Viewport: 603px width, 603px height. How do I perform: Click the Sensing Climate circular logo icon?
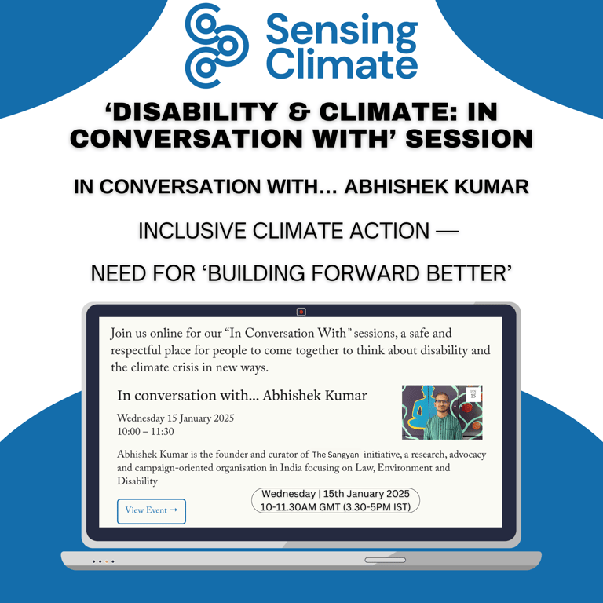click(x=217, y=46)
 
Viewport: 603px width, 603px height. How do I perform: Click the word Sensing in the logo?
click(x=342, y=31)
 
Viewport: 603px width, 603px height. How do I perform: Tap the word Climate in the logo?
click(x=342, y=64)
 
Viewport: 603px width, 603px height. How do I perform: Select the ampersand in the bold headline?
click(x=298, y=112)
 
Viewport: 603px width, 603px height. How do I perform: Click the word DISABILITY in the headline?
click(x=192, y=112)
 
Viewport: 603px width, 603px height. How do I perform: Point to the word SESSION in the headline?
click(x=470, y=138)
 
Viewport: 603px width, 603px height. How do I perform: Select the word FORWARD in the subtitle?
click(x=365, y=273)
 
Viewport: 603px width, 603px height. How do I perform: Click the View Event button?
click(x=151, y=511)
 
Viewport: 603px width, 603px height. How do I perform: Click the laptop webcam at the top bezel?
click(x=301, y=312)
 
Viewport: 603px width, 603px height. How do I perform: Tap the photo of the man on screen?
click(x=442, y=412)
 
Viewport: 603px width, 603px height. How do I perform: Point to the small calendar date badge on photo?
click(x=473, y=394)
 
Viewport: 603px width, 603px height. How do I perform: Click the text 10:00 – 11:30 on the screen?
click(x=145, y=432)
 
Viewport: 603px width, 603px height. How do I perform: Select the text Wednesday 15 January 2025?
click(x=175, y=418)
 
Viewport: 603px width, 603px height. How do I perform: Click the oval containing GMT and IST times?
click(x=335, y=500)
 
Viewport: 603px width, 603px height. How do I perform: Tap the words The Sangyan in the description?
click(x=335, y=455)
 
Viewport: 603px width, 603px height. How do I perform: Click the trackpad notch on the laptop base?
click(x=385, y=560)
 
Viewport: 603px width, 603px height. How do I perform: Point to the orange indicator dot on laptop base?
click(x=107, y=561)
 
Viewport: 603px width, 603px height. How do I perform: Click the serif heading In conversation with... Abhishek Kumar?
click(x=243, y=396)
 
